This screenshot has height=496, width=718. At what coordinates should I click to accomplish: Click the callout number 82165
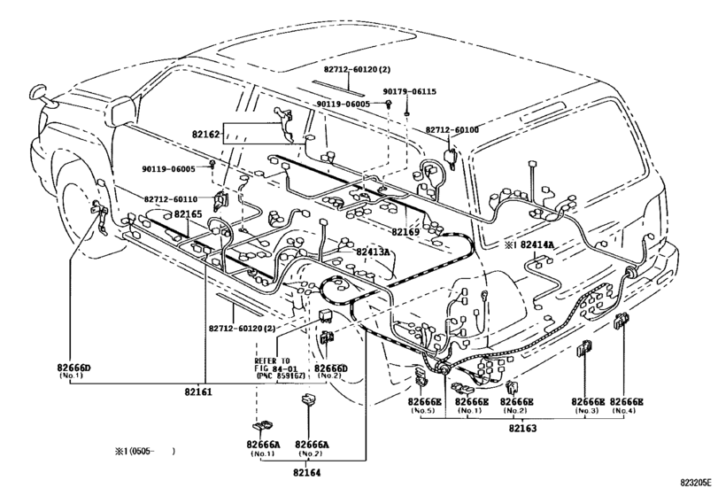tap(188, 214)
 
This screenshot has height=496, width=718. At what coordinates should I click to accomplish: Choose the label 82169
tap(405, 232)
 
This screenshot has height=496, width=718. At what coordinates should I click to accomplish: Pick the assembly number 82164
tap(307, 471)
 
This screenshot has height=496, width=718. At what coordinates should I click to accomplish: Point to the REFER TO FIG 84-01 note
tap(278, 368)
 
